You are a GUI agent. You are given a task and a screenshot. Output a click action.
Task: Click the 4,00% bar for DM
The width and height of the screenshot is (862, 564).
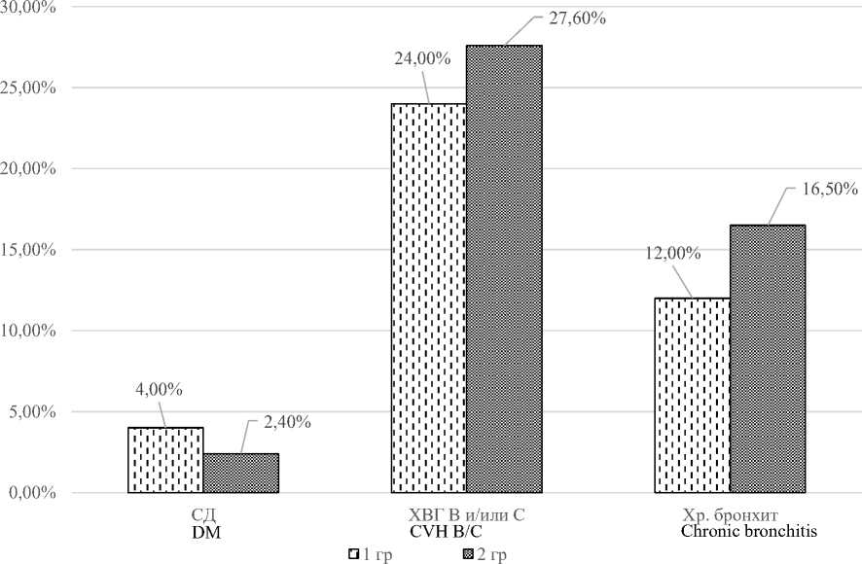[164, 460]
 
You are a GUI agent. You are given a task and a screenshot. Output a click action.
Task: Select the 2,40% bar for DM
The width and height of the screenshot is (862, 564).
[240, 473]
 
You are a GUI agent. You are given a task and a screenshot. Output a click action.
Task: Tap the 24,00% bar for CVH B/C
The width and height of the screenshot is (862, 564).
[428, 298]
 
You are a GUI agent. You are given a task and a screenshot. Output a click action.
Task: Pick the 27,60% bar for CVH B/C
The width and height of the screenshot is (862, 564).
[503, 268]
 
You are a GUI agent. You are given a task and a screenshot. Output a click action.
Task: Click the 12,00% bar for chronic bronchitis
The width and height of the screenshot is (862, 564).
[692, 395]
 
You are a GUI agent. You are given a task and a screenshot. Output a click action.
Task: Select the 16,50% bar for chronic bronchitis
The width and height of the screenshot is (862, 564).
[768, 359]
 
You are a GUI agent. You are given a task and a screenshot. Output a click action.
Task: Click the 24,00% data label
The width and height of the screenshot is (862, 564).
[421, 57]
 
